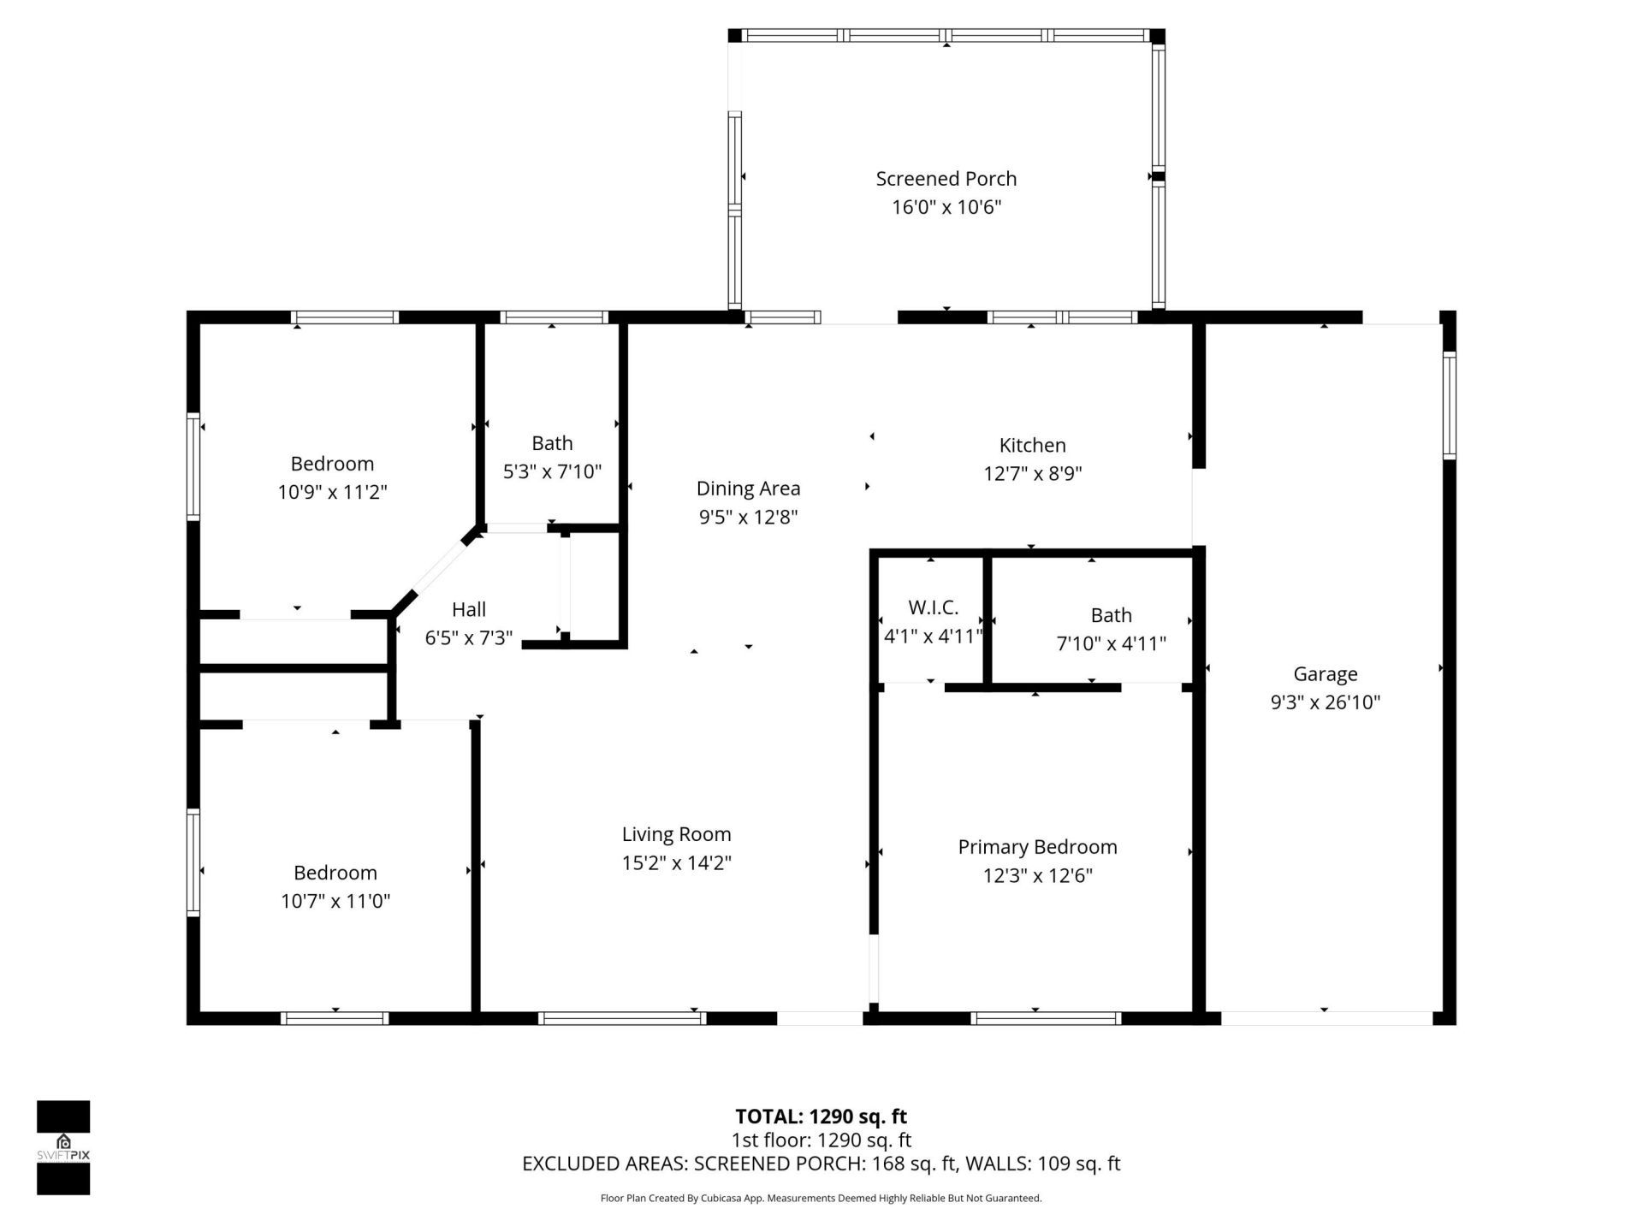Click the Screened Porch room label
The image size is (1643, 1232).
click(x=946, y=179)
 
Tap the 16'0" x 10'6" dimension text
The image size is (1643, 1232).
click(x=946, y=207)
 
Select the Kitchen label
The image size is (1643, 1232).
click(x=1032, y=445)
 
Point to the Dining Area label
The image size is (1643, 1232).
click(x=748, y=489)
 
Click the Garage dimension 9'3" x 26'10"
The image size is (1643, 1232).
click(x=1325, y=702)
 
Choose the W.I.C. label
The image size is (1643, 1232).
click(x=933, y=607)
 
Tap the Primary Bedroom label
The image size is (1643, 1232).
click(x=1037, y=847)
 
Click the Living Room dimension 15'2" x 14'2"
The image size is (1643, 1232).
click(x=676, y=862)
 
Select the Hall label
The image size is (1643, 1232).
click(x=468, y=609)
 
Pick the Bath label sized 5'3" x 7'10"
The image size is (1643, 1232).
click(x=552, y=443)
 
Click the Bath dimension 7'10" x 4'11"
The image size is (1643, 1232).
click(x=1111, y=643)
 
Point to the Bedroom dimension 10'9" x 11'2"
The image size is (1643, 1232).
click(x=332, y=492)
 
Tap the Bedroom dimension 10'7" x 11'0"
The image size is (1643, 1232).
click(x=335, y=901)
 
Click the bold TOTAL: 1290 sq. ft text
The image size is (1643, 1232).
click(x=821, y=1116)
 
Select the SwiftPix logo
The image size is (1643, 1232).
click(x=63, y=1146)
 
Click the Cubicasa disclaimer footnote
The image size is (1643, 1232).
click(x=821, y=1199)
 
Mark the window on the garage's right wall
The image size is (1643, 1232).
click(x=1448, y=406)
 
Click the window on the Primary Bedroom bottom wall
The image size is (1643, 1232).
click(x=1046, y=1018)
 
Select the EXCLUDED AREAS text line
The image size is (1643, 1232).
click(x=821, y=1164)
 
